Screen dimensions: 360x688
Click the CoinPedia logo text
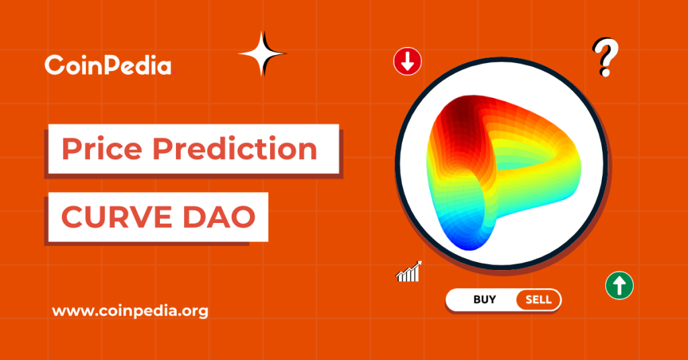click(107, 65)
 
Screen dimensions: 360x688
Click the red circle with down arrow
click(407, 62)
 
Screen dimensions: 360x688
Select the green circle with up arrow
click(619, 285)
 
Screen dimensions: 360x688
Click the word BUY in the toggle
click(484, 300)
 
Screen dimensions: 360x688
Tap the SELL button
click(537, 300)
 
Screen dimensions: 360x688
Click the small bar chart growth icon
click(408, 271)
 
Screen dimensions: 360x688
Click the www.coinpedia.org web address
click(130, 311)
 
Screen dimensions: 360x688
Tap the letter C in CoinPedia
click(53, 66)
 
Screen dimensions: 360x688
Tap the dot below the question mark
click(605, 72)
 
